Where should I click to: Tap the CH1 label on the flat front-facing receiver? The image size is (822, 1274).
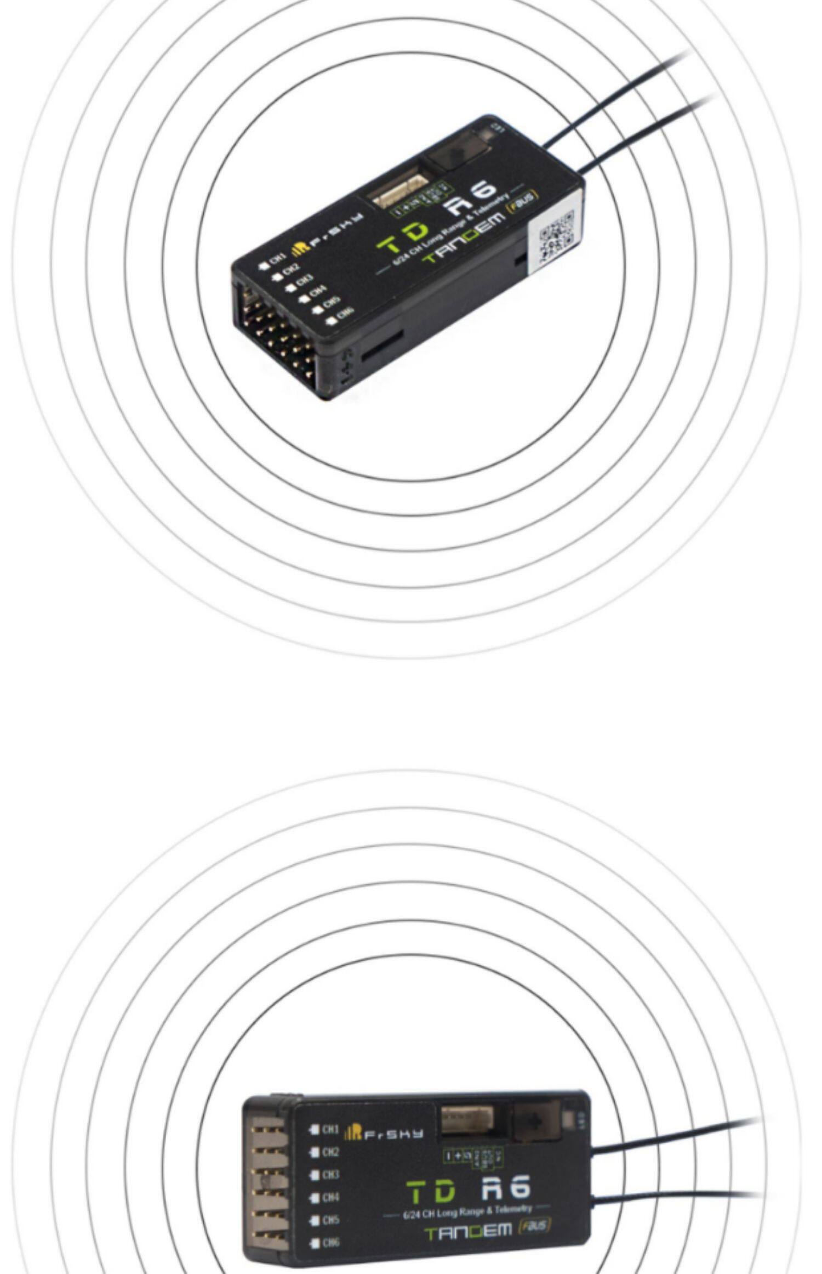(x=329, y=1129)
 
